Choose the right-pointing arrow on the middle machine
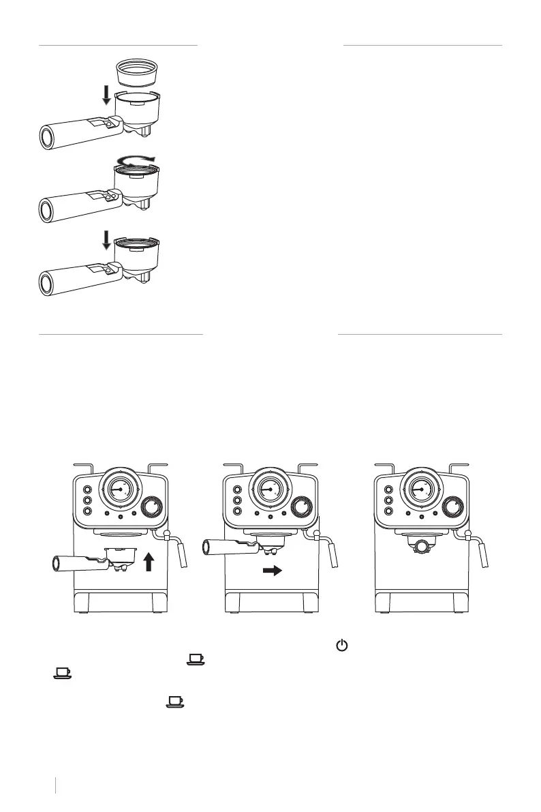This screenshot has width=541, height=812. tap(272, 571)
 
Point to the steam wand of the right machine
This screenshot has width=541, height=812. tap(483, 552)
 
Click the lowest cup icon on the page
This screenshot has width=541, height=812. tap(176, 700)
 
